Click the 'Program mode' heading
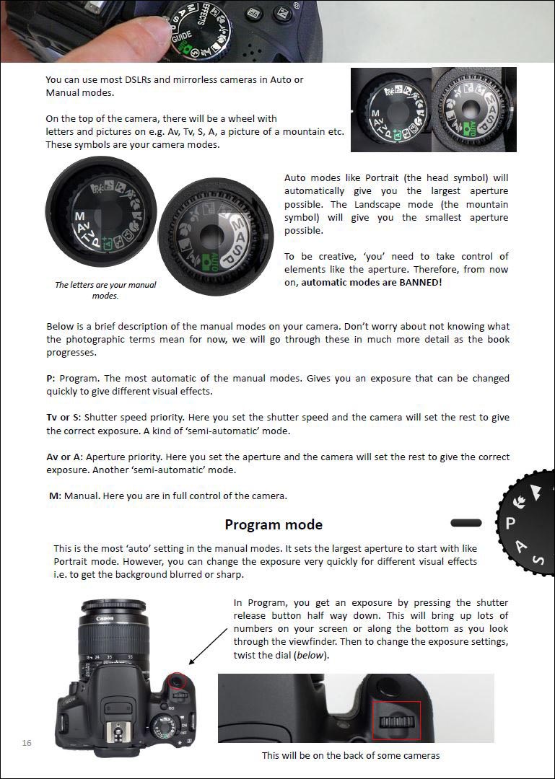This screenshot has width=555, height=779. pos(274,524)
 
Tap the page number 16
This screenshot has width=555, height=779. pos(27,742)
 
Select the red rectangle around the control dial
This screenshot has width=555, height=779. pos(396,720)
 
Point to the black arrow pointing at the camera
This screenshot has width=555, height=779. pos(208,644)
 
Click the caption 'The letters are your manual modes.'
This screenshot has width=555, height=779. pos(105,290)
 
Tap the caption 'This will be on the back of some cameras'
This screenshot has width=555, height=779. pos(350,755)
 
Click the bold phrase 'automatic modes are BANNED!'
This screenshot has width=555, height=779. pos(371,282)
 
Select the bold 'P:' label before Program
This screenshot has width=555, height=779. pos(51,379)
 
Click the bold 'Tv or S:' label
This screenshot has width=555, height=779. pos(64,418)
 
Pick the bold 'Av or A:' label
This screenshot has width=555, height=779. pos(64,457)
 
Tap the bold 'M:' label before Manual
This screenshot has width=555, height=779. pos(55,496)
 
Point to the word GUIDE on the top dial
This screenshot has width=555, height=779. pos(181,34)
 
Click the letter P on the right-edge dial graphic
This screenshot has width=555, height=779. pos(510,523)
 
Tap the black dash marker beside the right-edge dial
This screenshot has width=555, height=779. pos(466,521)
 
